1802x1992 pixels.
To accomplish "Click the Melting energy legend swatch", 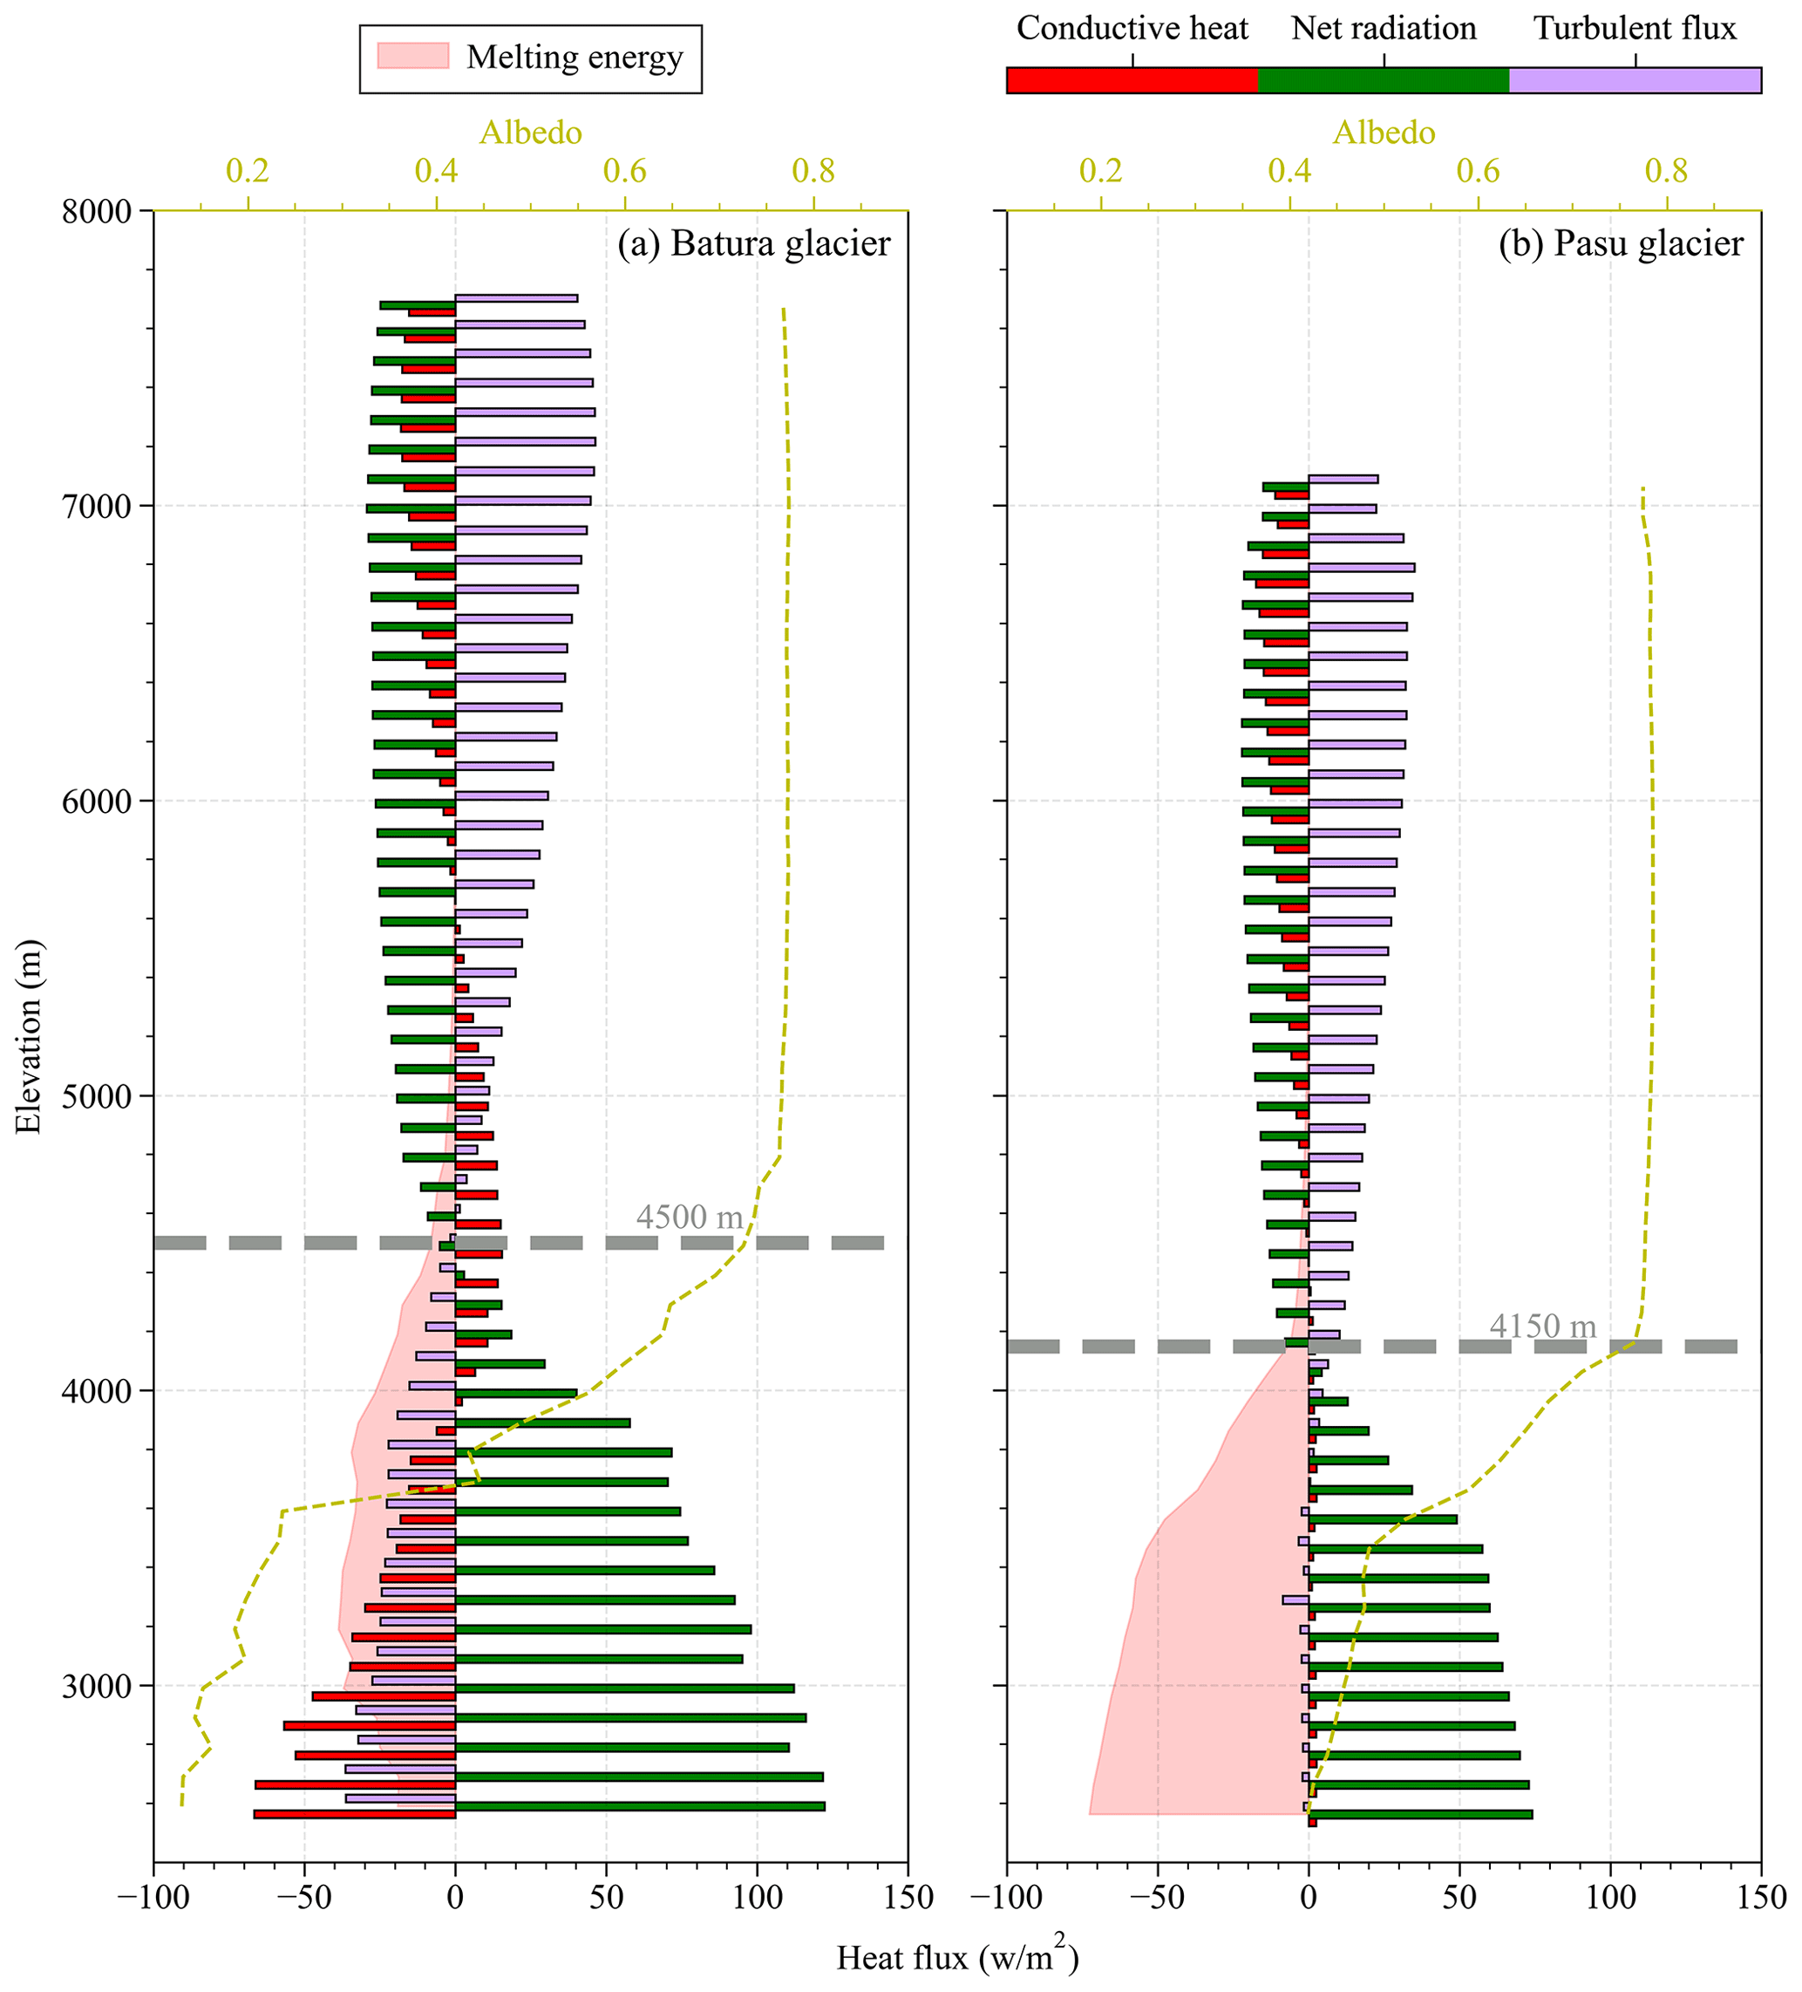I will tap(413, 57).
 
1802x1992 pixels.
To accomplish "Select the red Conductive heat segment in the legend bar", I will tap(1132, 81).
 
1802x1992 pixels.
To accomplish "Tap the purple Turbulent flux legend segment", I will tap(1634, 81).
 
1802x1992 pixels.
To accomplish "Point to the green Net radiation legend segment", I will tap(1384, 81).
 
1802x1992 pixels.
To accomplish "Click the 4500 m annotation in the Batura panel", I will tap(689, 1218).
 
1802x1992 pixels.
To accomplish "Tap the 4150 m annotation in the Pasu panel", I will tap(1542, 1326).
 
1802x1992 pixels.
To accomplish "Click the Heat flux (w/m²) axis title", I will tap(956, 1956).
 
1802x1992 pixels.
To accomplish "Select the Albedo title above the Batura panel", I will tap(531, 133).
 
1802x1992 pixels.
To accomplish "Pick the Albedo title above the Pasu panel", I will tap(1384, 133).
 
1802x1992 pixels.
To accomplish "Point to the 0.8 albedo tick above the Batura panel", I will tap(813, 172).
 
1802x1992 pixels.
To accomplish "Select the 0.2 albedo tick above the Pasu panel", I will tap(1100, 172).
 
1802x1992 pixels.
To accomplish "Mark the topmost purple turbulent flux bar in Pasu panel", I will tap(1343, 479).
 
